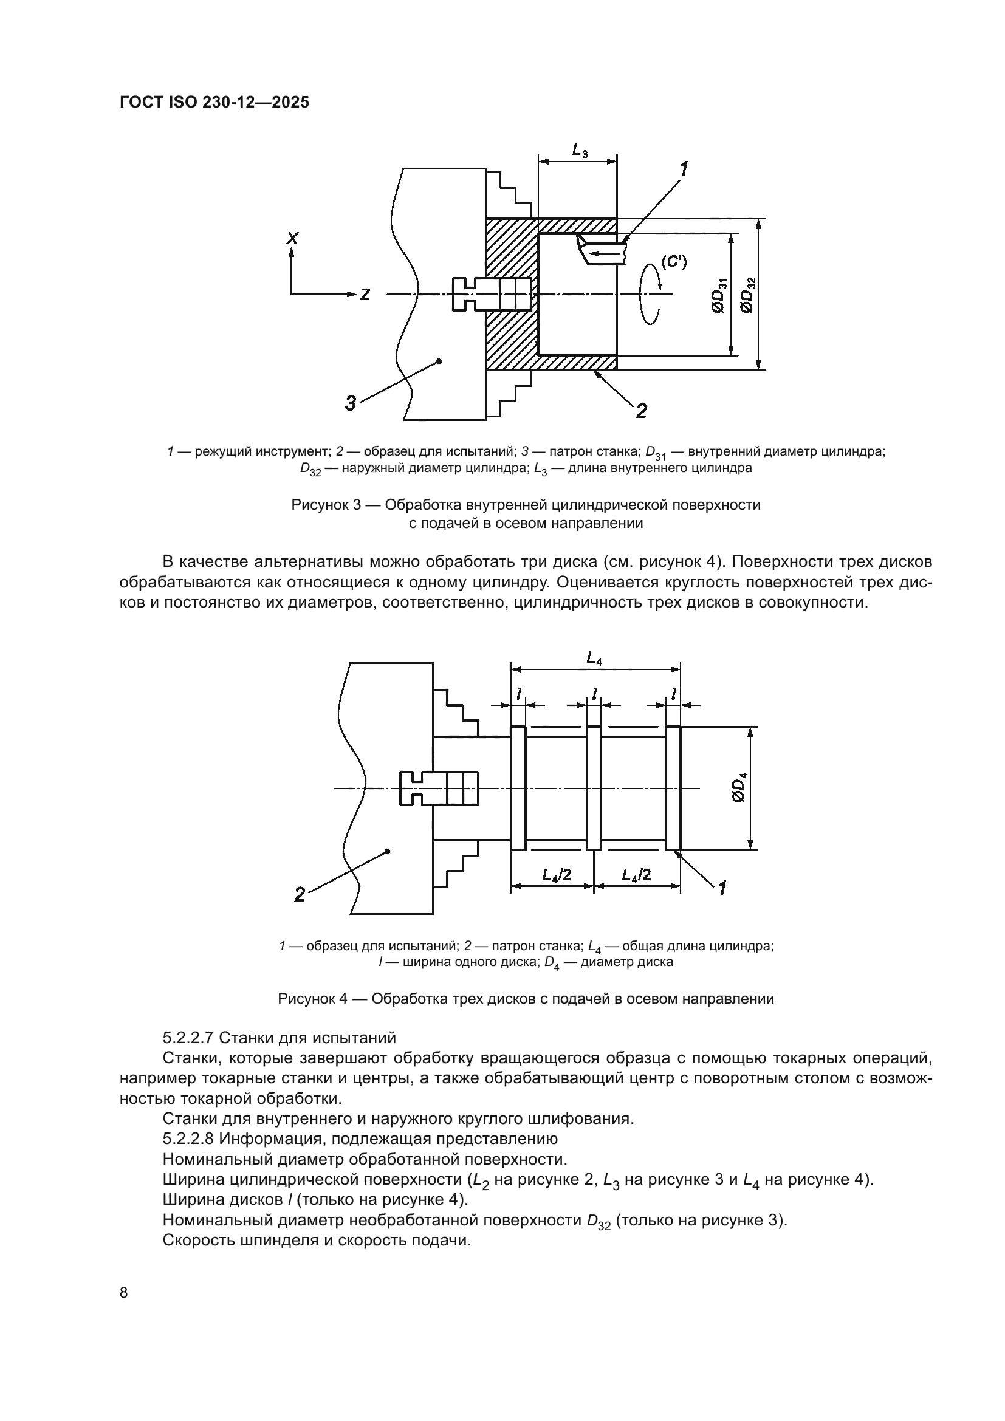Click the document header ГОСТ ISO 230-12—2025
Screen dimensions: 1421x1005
pos(214,103)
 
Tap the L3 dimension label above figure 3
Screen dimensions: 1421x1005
pos(579,150)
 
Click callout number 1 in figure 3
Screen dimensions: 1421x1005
pos(684,169)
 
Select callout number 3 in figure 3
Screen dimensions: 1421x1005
pos(350,404)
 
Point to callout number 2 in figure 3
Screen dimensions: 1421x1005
pos(641,410)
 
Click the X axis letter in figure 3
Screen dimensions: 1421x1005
pos(292,238)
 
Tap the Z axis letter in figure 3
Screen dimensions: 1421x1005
pos(365,295)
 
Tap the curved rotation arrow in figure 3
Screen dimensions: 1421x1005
pos(650,294)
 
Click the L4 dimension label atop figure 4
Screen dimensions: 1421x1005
pos(594,659)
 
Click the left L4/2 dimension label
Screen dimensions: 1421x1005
pos(556,874)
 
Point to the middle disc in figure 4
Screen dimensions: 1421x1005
pos(594,788)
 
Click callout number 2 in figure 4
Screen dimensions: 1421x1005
pos(300,894)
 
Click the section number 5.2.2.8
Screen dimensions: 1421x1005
pos(188,1139)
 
